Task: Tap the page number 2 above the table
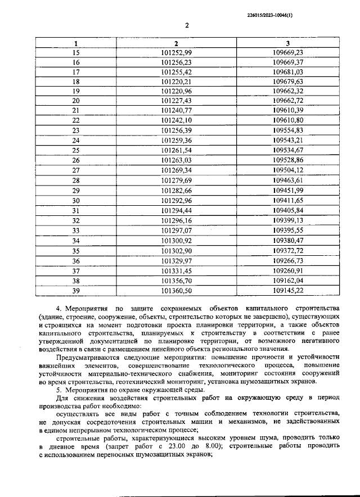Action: [x=186, y=26]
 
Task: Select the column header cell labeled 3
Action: [x=287, y=43]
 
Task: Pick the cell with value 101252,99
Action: [x=176, y=52]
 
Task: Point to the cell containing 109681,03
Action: [x=287, y=72]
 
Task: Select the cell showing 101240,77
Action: [x=176, y=111]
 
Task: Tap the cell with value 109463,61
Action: [x=287, y=180]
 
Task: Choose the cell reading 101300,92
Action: [x=176, y=240]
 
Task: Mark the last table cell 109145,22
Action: [x=287, y=290]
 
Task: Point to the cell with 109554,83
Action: [x=287, y=130]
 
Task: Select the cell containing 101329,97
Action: [x=176, y=261]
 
